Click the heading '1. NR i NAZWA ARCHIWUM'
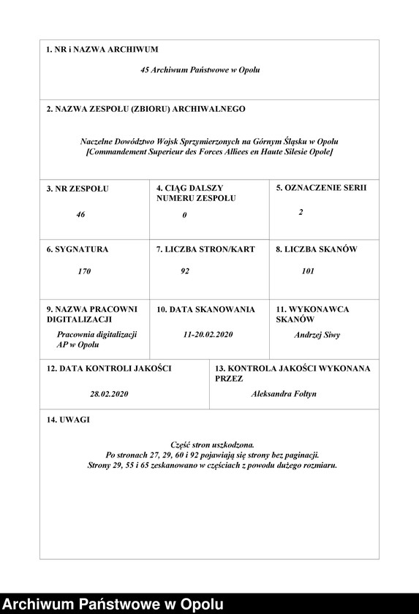pyautogui.click(x=102, y=50)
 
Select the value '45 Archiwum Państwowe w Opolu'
pyautogui.click(x=200, y=70)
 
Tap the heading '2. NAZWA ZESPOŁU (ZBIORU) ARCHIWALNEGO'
pyautogui.click(x=146, y=109)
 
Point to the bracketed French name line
pyautogui.click(x=209, y=151)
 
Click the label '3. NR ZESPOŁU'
pyautogui.click(x=77, y=189)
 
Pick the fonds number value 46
pyautogui.click(x=80, y=215)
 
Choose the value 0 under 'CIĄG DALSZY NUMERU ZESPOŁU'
pyautogui.click(x=185, y=216)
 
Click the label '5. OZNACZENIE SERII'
pyautogui.click(x=321, y=188)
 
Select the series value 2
pyautogui.click(x=301, y=212)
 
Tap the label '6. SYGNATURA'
pyautogui.click(x=77, y=249)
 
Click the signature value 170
pyautogui.click(x=84, y=271)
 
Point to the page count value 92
pyautogui.click(x=185, y=271)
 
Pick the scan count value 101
pyautogui.click(x=308, y=271)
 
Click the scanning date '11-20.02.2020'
pyautogui.click(x=208, y=334)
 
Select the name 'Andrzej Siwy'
pyautogui.click(x=317, y=336)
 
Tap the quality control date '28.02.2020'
pyautogui.click(x=109, y=394)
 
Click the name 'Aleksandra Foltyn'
pyautogui.click(x=284, y=394)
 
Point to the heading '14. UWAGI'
pyautogui.click(x=69, y=420)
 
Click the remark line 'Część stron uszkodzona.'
pyautogui.click(x=212, y=444)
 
